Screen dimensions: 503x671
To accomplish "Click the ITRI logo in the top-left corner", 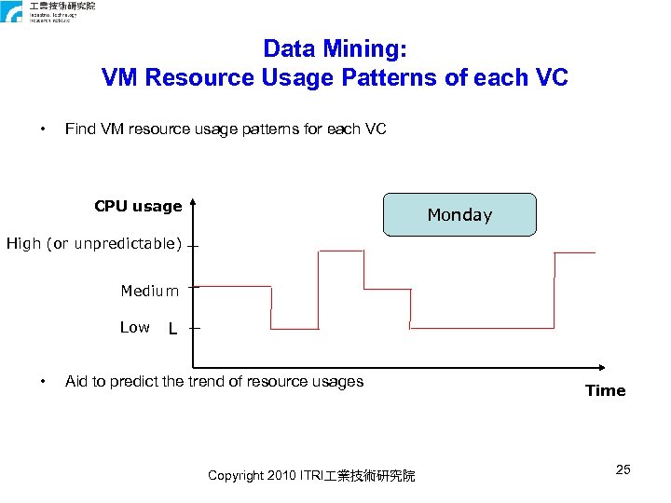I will click(13, 12).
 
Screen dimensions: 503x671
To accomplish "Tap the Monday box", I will click(459, 214).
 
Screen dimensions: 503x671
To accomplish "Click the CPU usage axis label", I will click(138, 206).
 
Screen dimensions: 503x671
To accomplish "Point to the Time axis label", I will click(605, 390).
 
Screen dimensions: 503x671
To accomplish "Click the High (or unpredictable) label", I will click(94, 244).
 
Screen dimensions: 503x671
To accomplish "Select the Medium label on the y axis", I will click(149, 292).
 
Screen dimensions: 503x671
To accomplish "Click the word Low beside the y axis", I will click(134, 327).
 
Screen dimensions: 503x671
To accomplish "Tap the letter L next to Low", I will click(172, 329).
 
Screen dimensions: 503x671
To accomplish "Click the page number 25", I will click(623, 469).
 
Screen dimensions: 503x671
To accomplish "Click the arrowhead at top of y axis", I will click(193, 199).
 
